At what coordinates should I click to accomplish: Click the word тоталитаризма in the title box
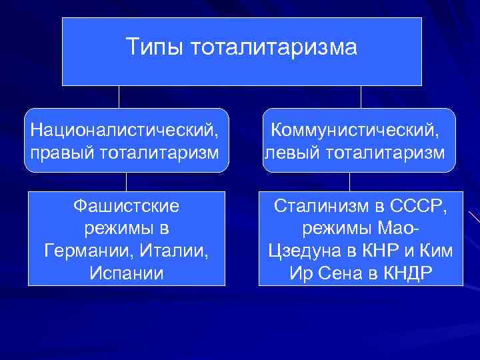pyautogui.click(x=275, y=47)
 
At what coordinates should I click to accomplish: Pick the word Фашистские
pyautogui.click(x=126, y=207)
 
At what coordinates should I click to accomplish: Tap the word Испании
pyautogui.click(x=126, y=273)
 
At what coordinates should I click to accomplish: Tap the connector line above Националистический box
pyautogui.click(x=119, y=97)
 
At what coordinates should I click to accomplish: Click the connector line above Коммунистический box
pyautogui.click(x=361, y=97)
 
